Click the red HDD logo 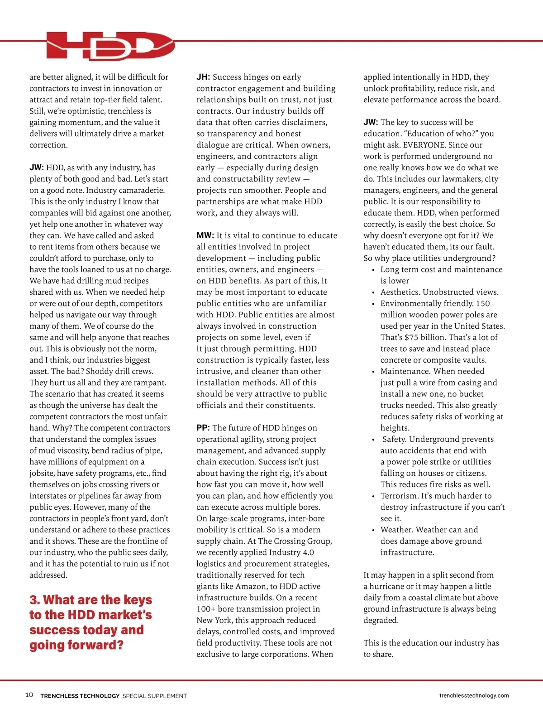coord(110,46)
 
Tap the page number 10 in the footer coord(29,695)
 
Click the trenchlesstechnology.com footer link coord(474,695)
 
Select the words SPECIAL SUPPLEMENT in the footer coord(154,696)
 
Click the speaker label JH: coord(203,77)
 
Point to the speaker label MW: coord(205,236)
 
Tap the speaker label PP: coord(203,428)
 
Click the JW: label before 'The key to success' coord(371,123)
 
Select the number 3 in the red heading coord(34,600)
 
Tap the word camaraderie coord(138,191)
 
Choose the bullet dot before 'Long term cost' coord(373,270)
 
